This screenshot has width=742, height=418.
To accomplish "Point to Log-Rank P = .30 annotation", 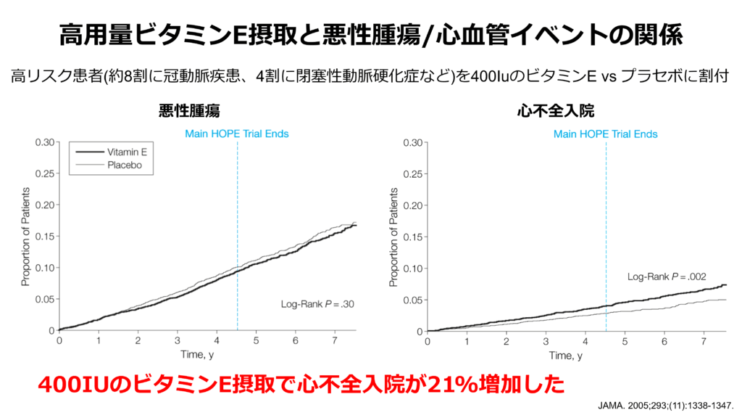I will [317, 304].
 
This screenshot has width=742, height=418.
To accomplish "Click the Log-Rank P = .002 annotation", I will [667, 276].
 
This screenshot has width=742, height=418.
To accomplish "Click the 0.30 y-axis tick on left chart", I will [44, 142].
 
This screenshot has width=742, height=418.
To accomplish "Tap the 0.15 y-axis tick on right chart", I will [413, 237].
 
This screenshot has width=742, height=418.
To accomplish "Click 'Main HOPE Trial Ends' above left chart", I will [237, 134].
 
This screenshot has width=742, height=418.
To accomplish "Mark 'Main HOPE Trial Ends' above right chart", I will [606, 134].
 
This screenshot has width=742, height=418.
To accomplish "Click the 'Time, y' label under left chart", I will [197, 355].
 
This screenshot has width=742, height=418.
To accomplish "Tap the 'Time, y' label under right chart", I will [565, 355].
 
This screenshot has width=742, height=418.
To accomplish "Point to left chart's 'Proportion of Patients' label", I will [25, 237].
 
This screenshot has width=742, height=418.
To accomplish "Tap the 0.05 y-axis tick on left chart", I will [44, 300].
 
